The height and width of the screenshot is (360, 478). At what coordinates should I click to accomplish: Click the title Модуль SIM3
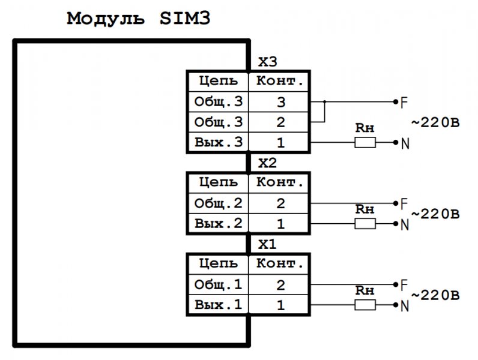[x=139, y=19]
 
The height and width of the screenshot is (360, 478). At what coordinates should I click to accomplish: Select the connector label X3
[x=267, y=62]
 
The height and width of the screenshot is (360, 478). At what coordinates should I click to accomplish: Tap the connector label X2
[x=267, y=163]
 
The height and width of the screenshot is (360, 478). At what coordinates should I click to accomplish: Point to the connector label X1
[x=267, y=245]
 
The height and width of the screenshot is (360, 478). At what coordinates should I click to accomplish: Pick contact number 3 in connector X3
[x=280, y=102]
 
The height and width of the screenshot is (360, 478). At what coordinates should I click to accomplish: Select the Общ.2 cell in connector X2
[x=219, y=203]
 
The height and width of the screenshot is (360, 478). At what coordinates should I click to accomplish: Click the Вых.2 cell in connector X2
[x=219, y=224]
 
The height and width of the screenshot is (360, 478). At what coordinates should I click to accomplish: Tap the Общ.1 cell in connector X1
[x=219, y=284]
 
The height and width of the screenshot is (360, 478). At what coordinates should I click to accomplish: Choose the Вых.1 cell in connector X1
[x=219, y=305]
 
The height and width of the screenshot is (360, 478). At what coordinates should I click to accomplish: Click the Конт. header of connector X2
[x=280, y=182]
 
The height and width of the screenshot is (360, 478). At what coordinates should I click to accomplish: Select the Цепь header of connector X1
[x=219, y=263]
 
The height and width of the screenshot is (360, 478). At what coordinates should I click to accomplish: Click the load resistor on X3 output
[x=365, y=143]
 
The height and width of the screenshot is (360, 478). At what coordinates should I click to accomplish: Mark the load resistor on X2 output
[x=365, y=224]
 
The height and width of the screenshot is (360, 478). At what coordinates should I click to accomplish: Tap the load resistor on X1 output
[x=365, y=305]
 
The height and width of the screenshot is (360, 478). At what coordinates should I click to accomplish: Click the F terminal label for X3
[x=404, y=102]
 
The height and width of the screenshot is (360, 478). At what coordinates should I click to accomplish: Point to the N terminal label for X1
[x=405, y=306]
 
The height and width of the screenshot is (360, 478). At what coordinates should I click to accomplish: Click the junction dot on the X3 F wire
[x=324, y=101]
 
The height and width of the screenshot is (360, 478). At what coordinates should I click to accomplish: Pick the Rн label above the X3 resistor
[x=365, y=128]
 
